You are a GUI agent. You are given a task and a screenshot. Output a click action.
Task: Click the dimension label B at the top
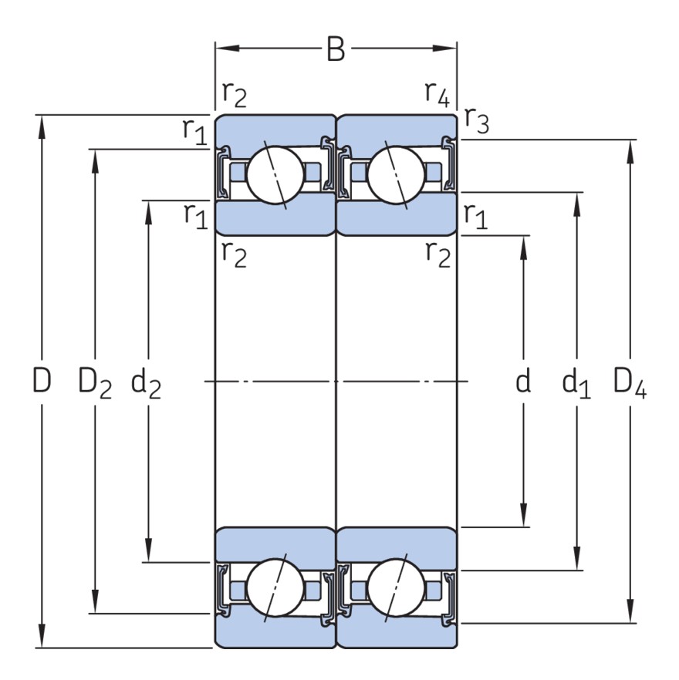click(335, 49)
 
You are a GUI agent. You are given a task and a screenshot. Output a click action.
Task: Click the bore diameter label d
click(523, 381)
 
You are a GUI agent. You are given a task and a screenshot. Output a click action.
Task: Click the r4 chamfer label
click(437, 93)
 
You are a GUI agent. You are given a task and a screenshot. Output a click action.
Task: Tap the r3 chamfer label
click(477, 122)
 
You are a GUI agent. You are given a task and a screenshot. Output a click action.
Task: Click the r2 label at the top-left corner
click(235, 93)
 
